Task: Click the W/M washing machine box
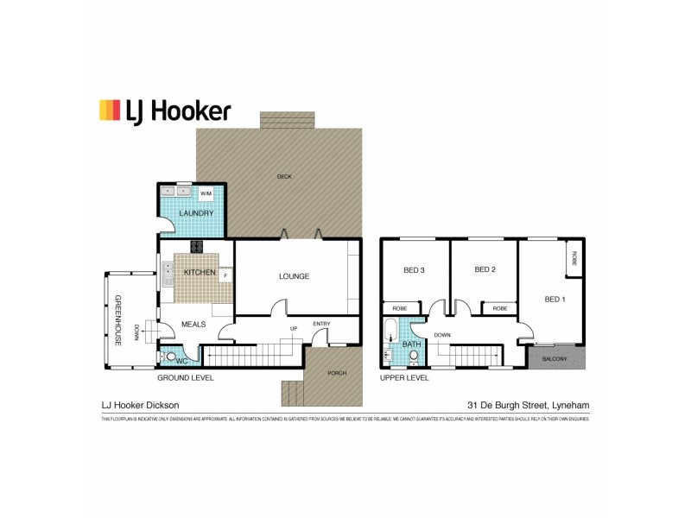(206, 194)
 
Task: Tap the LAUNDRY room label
(195, 213)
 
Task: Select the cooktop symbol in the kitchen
(197, 246)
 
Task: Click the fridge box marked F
(225, 276)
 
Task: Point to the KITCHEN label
(200, 273)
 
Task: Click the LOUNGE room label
(294, 276)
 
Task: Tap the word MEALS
(193, 325)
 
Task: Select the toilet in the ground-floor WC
(172, 357)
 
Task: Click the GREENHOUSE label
(117, 321)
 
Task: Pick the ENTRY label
(321, 324)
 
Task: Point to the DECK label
(284, 176)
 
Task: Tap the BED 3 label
(415, 270)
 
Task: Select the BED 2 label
(485, 269)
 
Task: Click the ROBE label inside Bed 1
(574, 259)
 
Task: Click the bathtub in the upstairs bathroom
(390, 332)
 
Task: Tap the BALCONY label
(555, 358)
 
